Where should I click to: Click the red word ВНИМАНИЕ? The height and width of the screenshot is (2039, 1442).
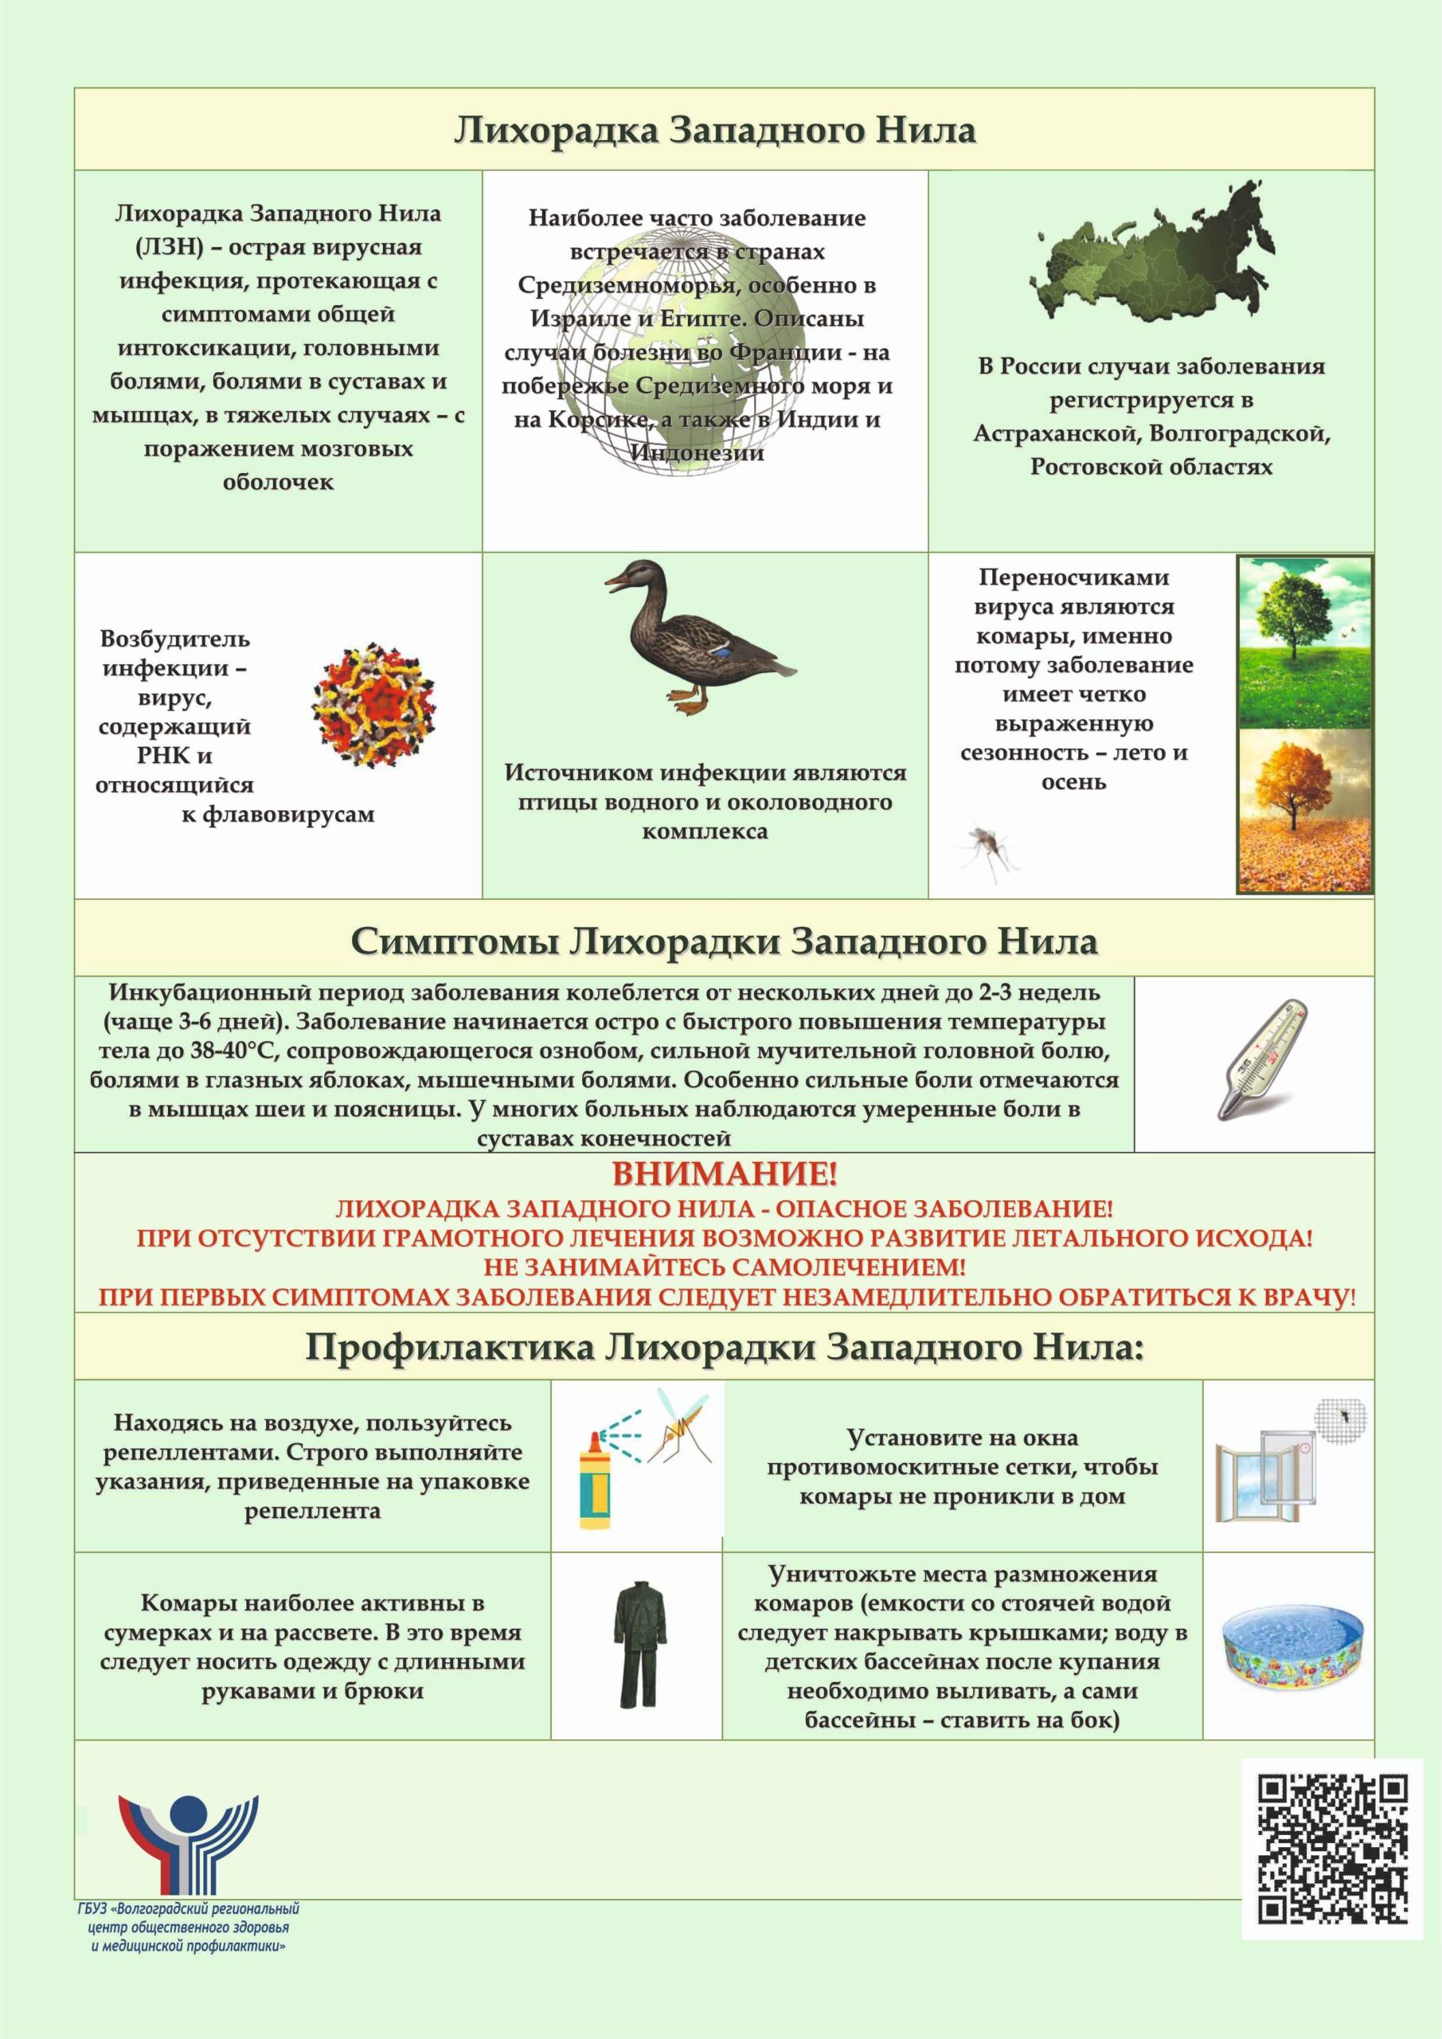[x=724, y=1176]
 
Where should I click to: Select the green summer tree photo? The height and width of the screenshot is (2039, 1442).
[x=1304, y=641]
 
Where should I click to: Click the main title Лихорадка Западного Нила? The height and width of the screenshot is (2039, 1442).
[x=715, y=131]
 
